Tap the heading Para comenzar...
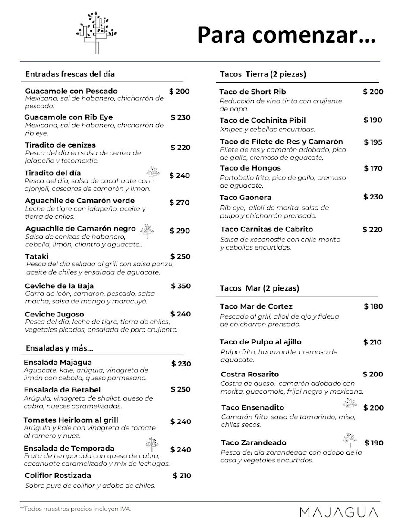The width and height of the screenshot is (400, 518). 287,35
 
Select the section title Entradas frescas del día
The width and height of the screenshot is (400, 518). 70,74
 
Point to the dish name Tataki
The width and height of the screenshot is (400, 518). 37,256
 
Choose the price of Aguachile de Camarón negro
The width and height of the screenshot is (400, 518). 180,231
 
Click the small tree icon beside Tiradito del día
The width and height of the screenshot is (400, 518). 152,172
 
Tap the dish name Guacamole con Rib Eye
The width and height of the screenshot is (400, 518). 68,117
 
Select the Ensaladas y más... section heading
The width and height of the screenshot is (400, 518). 60,348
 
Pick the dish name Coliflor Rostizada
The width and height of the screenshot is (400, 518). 58,475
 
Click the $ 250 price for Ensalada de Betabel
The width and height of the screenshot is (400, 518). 180,389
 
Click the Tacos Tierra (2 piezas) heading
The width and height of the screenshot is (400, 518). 263,74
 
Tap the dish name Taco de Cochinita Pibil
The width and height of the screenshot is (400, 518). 262,120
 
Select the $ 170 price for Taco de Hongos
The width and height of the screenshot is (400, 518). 373,168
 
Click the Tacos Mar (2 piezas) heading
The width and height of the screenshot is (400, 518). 259,288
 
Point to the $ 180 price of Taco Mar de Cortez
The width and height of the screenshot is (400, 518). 373,306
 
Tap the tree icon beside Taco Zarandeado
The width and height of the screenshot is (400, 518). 349,439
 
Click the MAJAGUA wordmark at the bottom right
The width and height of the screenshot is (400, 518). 340,512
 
